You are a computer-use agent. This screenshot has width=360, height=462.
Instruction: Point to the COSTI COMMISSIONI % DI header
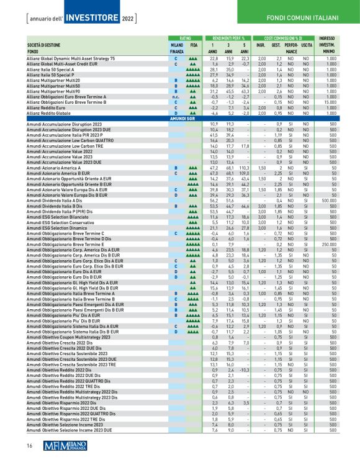282,38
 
